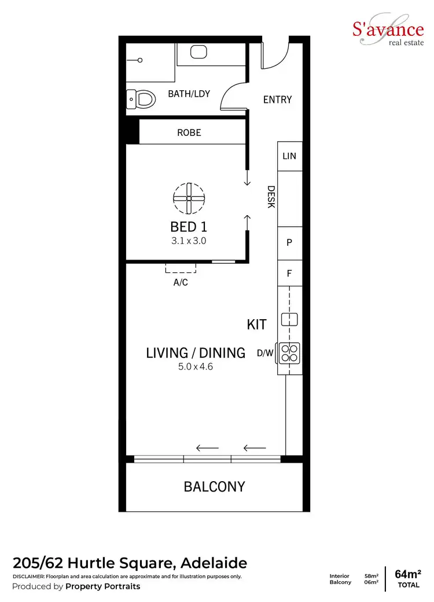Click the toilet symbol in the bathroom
tap(142, 99)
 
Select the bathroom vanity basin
tap(198, 51)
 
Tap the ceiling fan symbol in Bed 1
tap(189, 198)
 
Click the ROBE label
tap(189, 132)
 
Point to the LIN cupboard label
tap(289, 156)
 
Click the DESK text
tap(271, 197)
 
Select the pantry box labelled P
tap(289, 243)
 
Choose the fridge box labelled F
tap(289, 274)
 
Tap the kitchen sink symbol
tap(289, 319)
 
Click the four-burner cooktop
tap(289, 353)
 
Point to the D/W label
tap(265, 353)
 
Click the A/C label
tap(181, 283)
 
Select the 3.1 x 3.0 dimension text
tap(189, 240)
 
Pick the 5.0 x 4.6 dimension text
tap(196, 366)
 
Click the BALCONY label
tap(214, 487)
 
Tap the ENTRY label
tap(277, 99)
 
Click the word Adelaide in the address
tap(214, 563)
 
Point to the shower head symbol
tap(141, 60)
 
